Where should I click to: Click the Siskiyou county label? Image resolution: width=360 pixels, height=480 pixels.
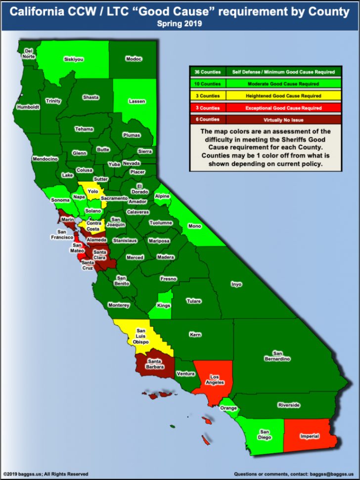pyautogui.click(x=74, y=59)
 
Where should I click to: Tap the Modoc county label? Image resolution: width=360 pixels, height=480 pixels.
pyautogui.click(x=134, y=59)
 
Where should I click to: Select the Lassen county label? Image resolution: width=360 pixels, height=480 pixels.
pyautogui.click(x=137, y=101)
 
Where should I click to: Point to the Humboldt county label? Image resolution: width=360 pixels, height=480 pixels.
pyautogui.click(x=28, y=107)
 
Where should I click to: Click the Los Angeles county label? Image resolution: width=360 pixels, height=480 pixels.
pyautogui.click(x=215, y=379)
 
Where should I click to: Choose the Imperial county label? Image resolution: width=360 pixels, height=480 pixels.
pyautogui.click(x=310, y=436)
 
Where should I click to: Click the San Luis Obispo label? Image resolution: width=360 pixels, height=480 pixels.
pyautogui.click(x=141, y=336)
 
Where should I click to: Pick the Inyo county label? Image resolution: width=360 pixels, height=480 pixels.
pyautogui.click(x=236, y=284)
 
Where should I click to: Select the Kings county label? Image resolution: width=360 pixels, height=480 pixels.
pyautogui.click(x=163, y=305)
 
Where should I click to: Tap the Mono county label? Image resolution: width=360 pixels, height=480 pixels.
pyautogui.click(x=195, y=226)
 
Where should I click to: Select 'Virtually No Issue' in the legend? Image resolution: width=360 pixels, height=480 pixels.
pyautogui.click(x=283, y=120)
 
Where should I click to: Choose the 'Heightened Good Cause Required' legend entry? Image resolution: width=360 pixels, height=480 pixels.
pyautogui.click(x=283, y=96)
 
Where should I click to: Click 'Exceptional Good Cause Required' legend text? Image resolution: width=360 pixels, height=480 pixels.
pyautogui.click(x=283, y=108)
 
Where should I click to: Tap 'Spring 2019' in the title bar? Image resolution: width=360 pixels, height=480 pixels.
pyautogui.click(x=180, y=23)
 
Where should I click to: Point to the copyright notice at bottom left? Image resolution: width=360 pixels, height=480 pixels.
pyautogui.click(x=45, y=474)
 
